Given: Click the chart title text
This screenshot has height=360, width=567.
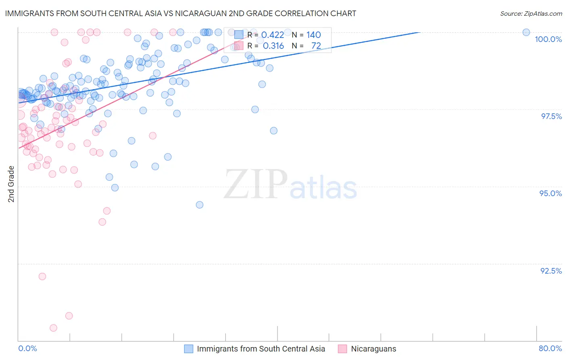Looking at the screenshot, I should pyautogui.click(x=180, y=13).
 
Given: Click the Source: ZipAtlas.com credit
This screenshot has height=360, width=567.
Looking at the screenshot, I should pyautogui.click(x=531, y=13).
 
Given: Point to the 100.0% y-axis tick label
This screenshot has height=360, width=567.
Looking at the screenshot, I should pyautogui.click(x=548, y=39).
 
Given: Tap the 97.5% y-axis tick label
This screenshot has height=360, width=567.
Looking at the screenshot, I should pyautogui.click(x=551, y=116).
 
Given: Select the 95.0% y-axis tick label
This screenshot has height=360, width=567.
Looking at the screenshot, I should pyautogui.click(x=550, y=193).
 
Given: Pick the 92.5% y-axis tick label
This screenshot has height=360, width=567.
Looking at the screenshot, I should pyautogui.click(x=551, y=270).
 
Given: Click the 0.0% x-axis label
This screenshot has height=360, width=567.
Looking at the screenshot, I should pyautogui.click(x=27, y=348).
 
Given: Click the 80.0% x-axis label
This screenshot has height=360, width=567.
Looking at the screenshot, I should pyautogui.click(x=550, y=348).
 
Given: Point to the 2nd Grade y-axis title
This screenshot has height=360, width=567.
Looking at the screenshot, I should pyautogui.click(x=11, y=184).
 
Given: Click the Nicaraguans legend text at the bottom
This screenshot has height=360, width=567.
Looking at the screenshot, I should pyautogui.click(x=373, y=349).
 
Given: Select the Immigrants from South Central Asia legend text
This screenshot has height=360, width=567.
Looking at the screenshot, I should pyautogui.click(x=261, y=349).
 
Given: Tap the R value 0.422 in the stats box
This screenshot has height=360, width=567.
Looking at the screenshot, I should pyautogui.click(x=273, y=35).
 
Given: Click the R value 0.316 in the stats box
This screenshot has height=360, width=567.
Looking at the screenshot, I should pyautogui.click(x=273, y=46).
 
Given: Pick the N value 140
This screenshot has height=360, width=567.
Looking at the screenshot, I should pyautogui.click(x=313, y=35).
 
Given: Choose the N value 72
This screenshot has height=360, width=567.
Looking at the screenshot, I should pyautogui.click(x=316, y=46).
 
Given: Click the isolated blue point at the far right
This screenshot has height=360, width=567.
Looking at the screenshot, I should pyautogui.click(x=526, y=32).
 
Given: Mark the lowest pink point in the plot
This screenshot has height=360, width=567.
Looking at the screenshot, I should pyautogui.click(x=53, y=328).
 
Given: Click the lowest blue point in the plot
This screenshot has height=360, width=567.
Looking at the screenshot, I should pyautogui.click(x=200, y=205).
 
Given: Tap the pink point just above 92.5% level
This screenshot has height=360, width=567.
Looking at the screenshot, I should pyautogui.click(x=42, y=276).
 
